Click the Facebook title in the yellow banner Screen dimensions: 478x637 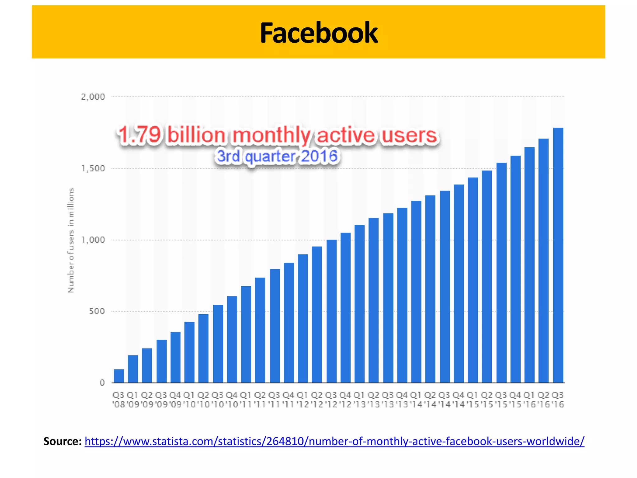point(318,33)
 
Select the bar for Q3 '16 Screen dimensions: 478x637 point(558,255)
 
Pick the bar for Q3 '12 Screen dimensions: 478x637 point(332,311)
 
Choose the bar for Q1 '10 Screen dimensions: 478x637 point(189,352)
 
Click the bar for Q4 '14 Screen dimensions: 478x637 point(459,284)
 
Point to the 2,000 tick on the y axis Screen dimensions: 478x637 point(93,97)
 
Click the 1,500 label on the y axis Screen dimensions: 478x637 point(93,169)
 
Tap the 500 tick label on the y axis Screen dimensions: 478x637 point(97,312)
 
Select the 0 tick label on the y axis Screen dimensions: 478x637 point(102,383)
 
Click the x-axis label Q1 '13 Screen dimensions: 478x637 point(360,400)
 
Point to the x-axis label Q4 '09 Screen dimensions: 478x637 point(175,400)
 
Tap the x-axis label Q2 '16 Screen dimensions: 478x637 point(543,400)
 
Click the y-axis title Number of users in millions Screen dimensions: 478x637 point(71,240)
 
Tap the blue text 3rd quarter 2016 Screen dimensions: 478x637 point(277,156)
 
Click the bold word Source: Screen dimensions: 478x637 point(63,441)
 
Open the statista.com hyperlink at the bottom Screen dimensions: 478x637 point(334,441)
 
